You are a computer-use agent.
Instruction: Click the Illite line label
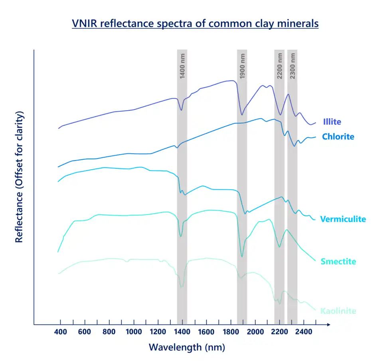(332, 121)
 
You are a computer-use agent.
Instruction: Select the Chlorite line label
(338, 137)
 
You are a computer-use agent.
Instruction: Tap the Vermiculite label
(343, 219)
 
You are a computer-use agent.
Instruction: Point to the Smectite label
(338, 262)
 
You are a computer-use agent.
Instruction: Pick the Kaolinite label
(338, 311)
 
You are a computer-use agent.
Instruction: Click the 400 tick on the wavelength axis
(61, 331)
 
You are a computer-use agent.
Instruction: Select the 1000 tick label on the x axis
(134, 331)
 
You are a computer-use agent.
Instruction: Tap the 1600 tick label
(207, 331)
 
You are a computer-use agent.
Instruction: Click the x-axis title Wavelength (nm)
(187, 347)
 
